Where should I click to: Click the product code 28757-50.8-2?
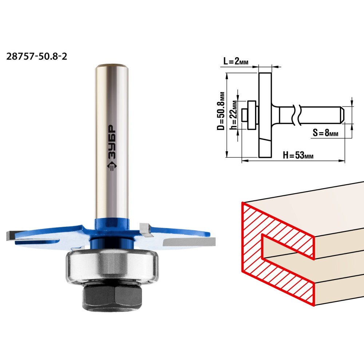37,56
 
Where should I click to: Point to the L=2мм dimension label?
236,61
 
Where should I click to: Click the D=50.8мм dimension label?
221,111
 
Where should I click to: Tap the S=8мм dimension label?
325,132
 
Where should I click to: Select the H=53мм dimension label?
298,155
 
